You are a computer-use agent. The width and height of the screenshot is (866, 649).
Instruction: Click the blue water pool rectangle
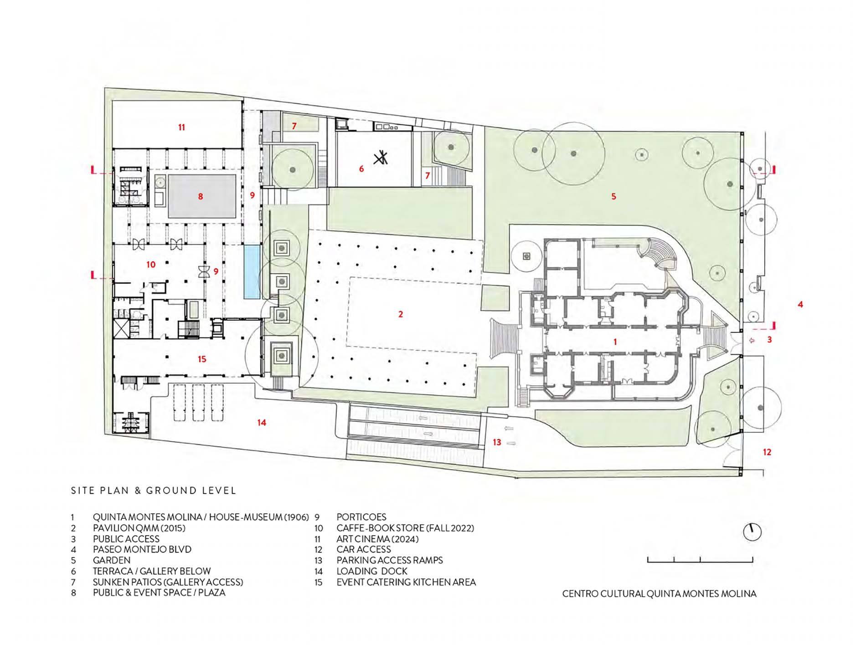coord(252,272)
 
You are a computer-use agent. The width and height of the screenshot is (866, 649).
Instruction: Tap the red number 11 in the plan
coord(181,128)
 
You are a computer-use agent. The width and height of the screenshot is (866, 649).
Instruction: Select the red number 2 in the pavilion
coord(401,314)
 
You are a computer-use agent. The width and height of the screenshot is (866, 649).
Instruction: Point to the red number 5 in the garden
coord(613,196)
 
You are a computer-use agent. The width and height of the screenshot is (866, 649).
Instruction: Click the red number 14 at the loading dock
coord(262,423)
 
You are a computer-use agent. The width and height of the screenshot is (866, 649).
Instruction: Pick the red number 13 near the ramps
coord(497,442)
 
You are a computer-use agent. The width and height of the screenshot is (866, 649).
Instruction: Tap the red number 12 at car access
coord(767,452)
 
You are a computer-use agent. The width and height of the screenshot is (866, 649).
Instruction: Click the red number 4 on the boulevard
coord(800,304)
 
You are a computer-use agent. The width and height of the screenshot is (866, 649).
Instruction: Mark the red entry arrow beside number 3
coord(752,340)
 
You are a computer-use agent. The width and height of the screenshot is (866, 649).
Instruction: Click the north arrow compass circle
coord(752,532)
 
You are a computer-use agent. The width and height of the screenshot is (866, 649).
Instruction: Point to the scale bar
coord(700,560)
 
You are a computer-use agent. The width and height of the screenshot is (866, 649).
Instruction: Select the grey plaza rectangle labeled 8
coord(202,196)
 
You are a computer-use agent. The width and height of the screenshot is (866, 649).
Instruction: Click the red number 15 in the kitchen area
coord(202,359)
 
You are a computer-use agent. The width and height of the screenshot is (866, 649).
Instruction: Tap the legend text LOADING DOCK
coord(372,571)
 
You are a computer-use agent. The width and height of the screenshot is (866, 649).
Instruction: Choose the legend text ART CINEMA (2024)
coord(377,539)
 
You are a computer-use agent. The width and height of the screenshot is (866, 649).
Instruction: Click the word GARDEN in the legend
coord(112,560)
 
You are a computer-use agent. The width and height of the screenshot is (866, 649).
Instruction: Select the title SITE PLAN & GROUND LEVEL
coord(154,491)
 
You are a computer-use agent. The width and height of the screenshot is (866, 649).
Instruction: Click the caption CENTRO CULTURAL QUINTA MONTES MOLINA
coord(659,594)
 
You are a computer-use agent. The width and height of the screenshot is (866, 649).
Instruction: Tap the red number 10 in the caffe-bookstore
coord(151,265)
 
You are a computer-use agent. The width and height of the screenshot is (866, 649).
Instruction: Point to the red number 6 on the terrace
coord(361,169)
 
